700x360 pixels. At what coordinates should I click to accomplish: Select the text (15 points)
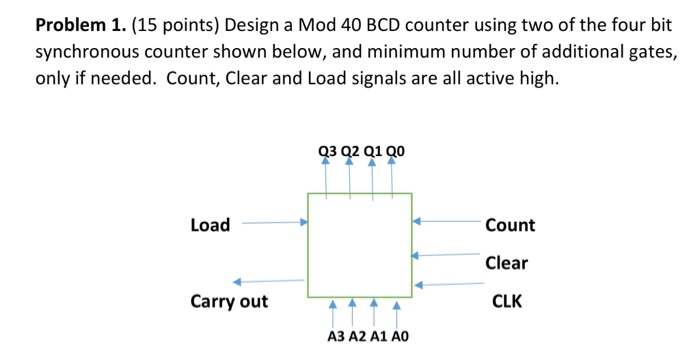point(160,23)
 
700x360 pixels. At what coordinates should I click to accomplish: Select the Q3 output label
point(326,152)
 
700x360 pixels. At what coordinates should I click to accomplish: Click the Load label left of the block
point(209,225)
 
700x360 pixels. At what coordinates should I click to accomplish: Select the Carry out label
point(229,301)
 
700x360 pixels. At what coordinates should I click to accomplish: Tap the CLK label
point(506,301)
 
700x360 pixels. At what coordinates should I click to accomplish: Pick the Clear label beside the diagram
point(506,264)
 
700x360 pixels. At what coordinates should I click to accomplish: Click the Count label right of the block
point(509,226)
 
